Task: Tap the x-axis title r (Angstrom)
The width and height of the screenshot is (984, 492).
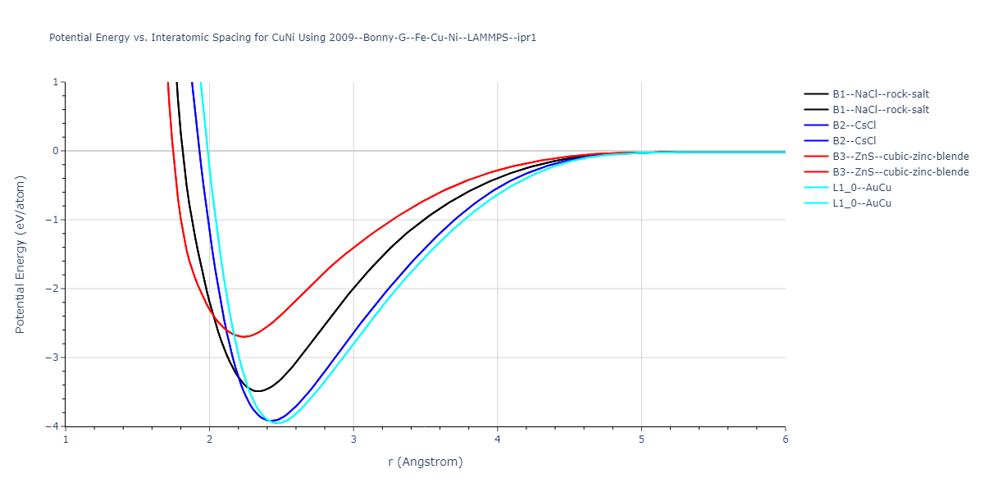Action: pos(425,462)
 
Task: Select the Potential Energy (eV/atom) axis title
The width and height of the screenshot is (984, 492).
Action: pos(20,254)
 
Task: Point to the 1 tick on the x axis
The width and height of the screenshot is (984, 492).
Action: pos(66,440)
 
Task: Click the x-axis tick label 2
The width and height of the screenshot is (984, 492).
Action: pos(209,440)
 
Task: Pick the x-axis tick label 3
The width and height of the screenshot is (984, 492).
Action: pos(353,440)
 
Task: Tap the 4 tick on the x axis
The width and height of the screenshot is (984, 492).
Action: pos(497,440)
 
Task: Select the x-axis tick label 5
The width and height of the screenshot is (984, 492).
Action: pos(641,440)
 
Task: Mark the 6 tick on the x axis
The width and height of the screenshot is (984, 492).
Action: pos(785,440)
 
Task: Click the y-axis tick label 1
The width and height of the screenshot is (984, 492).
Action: pos(54,82)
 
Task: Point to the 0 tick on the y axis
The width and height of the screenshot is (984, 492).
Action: pos(54,151)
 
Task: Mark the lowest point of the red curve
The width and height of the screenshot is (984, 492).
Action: pos(243,336)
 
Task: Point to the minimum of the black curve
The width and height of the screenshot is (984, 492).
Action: pos(258,391)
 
